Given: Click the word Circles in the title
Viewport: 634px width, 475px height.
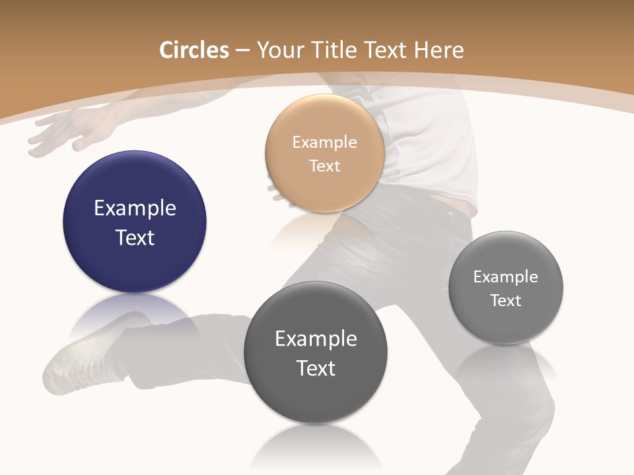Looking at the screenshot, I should (194, 50).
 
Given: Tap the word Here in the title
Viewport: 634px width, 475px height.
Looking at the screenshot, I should (439, 50).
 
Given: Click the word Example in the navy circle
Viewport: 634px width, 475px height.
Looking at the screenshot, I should (135, 208).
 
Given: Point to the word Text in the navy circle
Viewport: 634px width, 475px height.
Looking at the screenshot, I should (135, 237).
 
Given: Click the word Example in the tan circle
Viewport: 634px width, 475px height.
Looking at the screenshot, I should (324, 142).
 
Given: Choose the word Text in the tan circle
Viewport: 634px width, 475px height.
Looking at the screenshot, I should (324, 166).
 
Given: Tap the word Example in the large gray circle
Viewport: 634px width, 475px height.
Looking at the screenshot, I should (316, 338).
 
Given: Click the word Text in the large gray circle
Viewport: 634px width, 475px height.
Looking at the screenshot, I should (316, 367).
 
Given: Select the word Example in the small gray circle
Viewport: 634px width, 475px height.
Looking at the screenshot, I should (506, 276).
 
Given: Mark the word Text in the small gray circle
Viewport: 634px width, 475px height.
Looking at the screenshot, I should (506, 300).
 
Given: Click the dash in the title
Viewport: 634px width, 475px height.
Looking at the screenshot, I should (242, 51).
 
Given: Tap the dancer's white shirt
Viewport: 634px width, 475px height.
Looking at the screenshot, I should (429, 145).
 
